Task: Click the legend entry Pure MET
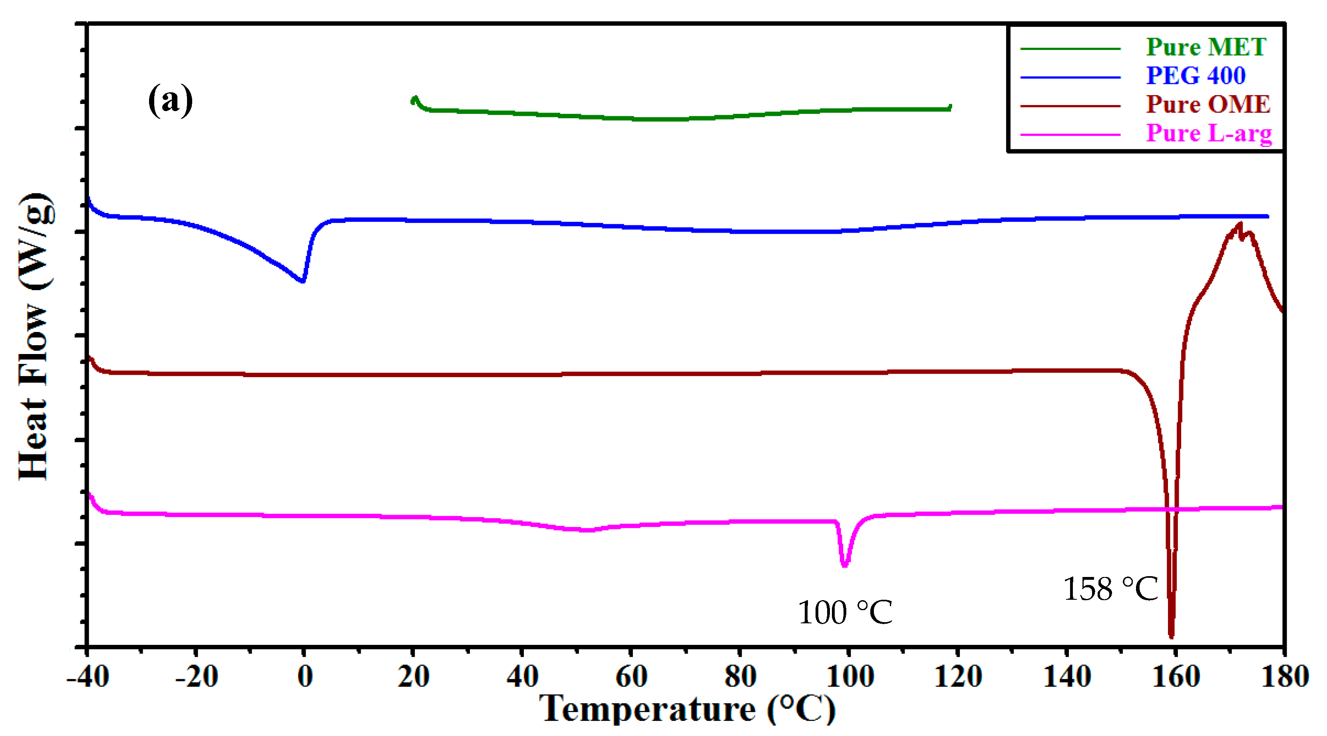tap(1206, 48)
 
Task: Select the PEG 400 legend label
tap(1195, 76)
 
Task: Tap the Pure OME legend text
tap(1208, 105)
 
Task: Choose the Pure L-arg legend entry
tap(1208, 133)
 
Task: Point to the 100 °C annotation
tap(845, 613)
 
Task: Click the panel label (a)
tap(170, 100)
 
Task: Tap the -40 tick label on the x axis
tap(88, 676)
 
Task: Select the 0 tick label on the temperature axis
tap(305, 676)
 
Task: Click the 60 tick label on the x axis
tap(631, 676)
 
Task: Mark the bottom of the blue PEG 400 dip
tap(302, 281)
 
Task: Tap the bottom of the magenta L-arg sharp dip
tap(844, 565)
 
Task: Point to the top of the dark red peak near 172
tap(1240, 224)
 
